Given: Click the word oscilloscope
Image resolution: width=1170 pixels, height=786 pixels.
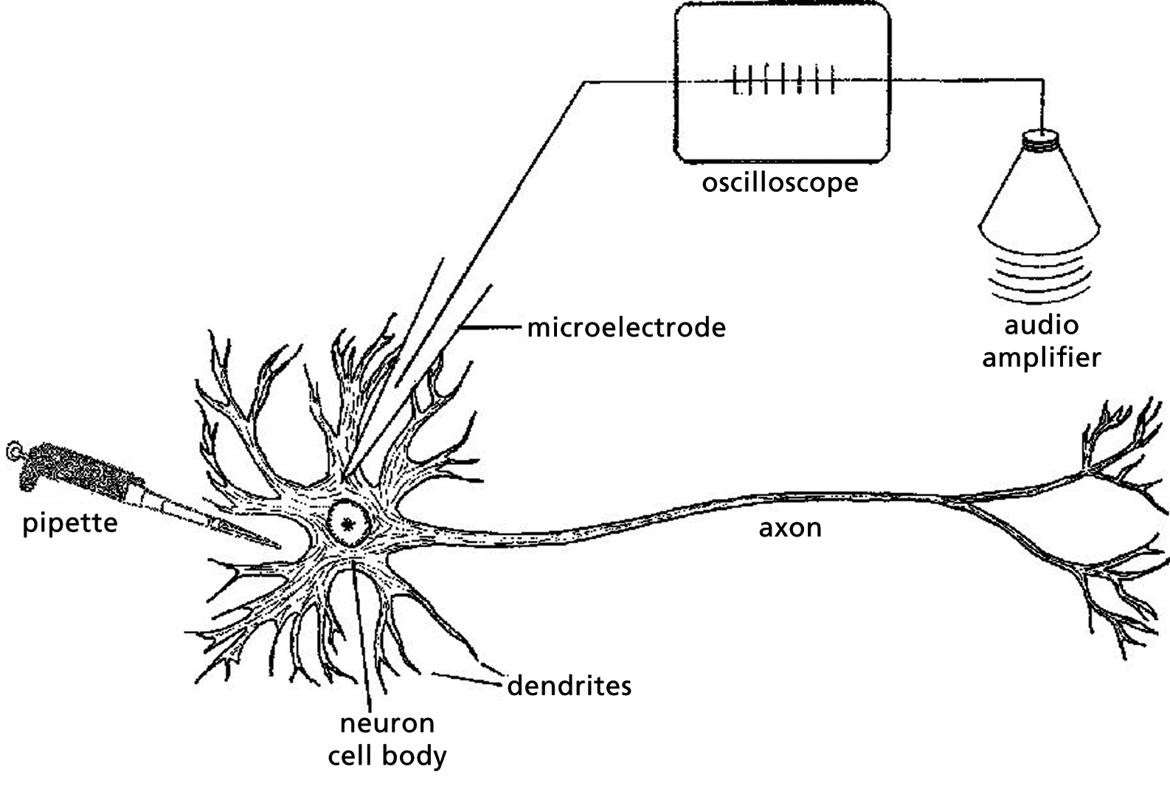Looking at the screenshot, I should [780, 182].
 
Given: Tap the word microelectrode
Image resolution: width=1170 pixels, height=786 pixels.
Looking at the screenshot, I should [626, 327].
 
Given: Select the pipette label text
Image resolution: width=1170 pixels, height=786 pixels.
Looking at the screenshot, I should [70, 524].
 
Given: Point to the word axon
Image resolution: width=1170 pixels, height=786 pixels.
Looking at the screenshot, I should [790, 528].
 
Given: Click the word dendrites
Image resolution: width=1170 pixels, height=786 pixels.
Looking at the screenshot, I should [570, 686].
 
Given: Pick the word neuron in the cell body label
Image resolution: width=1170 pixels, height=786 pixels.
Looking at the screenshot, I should [387, 723].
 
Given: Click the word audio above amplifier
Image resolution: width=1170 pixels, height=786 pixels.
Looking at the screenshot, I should [1041, 325].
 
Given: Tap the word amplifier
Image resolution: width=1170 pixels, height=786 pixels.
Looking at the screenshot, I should [1041, 357].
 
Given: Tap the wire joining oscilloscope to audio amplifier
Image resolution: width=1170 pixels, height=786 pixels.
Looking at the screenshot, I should [966, 80].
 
